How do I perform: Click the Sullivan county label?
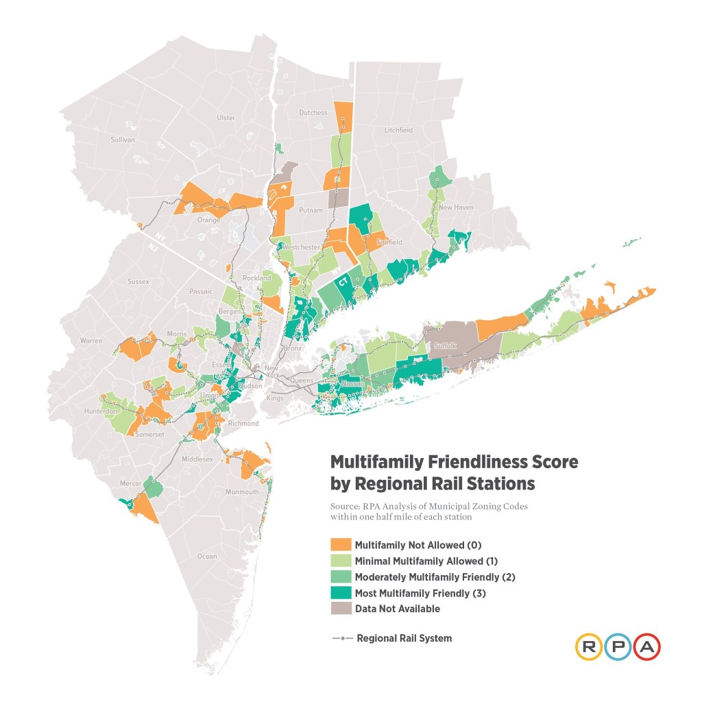tap(123, 140)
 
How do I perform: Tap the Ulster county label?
tap(226, 118)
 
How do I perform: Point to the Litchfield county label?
tap(399, 130)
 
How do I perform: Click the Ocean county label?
tap(206, 556)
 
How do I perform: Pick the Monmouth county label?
tap(244, 492)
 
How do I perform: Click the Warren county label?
tap(90, 341)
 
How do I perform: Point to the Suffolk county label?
tap(446, 346)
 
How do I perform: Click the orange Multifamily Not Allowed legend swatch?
tap(341, 545)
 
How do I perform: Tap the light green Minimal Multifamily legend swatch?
tap(341, 561)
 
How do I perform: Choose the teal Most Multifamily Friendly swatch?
tap(341, 593)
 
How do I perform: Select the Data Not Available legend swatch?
tap(341, 609)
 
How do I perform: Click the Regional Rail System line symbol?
tap(341, 638)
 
